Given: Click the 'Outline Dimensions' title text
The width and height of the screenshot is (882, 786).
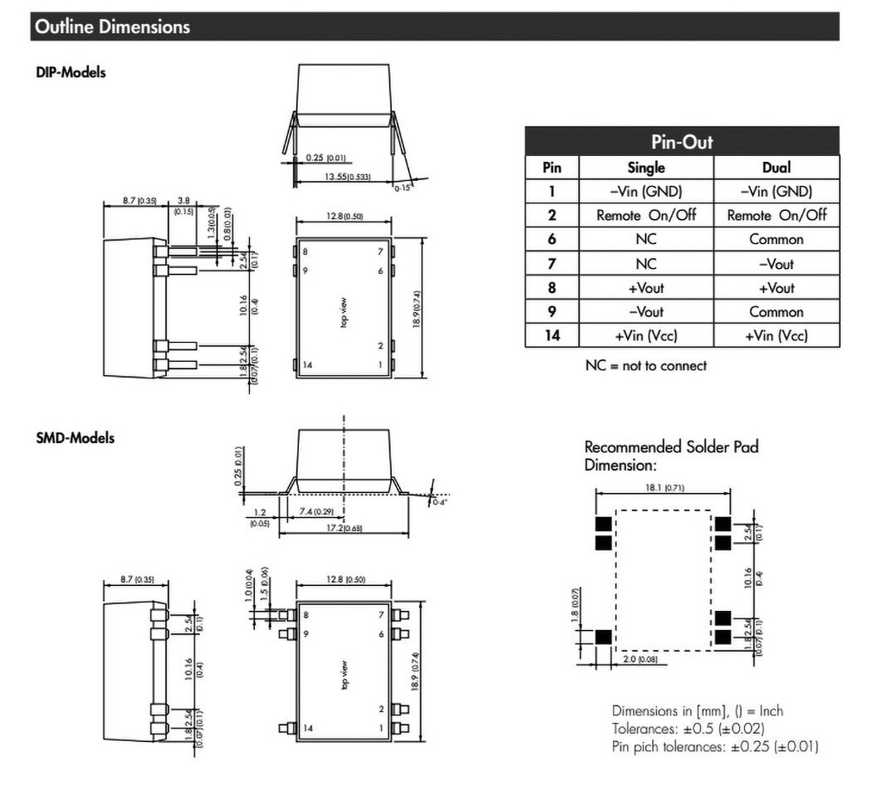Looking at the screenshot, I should [x=111, y=27].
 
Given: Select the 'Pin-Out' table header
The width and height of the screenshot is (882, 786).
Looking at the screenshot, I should [x=681, y=141].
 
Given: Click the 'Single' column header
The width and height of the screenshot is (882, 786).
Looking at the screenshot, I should [x=645, y=167].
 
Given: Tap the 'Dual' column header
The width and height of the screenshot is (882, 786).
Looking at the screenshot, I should [x=776, y=167].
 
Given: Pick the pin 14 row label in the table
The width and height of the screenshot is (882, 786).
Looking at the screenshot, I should [x=551, y=335].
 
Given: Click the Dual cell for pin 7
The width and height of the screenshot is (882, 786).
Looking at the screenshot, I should [x=776, y=264].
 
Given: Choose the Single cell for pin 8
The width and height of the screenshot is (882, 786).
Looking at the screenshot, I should [x=645, y=288].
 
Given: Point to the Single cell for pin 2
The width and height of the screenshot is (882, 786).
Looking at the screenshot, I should [x=645, y=215].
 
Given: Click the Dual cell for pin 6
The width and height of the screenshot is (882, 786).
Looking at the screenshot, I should [x=776, y=240].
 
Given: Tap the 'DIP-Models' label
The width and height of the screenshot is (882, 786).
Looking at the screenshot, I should [x=71, y=72].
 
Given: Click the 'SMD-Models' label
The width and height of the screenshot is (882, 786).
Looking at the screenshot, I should [x=75, y=438].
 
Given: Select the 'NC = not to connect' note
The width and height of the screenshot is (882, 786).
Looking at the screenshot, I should [x=646, y=365].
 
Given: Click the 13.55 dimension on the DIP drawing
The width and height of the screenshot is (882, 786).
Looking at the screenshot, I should [x=343, y=177].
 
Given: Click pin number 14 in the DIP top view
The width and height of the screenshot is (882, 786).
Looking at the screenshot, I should [x=307, y=365].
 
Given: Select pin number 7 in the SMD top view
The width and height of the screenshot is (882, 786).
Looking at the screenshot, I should [x=381, y=614].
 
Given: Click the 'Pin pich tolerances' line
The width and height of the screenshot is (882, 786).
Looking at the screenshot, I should [x=715, y=746].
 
